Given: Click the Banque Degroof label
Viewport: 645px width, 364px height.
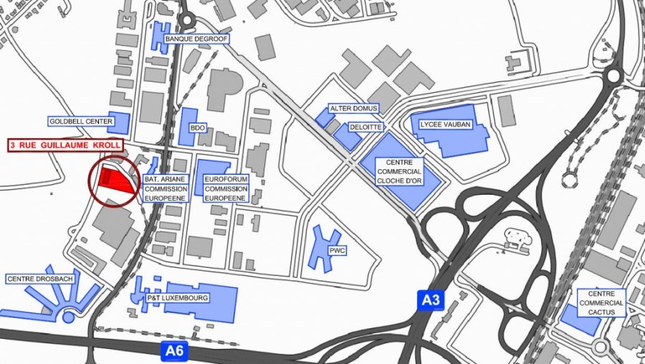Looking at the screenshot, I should pyautogui.click(x=196, y=39).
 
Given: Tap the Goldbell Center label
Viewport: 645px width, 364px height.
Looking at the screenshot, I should pyautogui.click(x=81, y=122).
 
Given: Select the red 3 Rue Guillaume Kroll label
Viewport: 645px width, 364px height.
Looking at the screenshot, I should pyautogui.click(x=65, y=145).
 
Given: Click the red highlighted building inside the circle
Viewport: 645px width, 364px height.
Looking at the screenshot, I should pyautogui.click(x=118, y=180).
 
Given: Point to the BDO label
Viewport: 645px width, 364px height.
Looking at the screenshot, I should pyautogui.click(x=198, y=128).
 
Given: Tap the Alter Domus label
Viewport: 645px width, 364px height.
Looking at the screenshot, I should pyautogui.click(x=353, y=108).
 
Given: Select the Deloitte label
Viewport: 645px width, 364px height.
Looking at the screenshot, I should pyautogui.click(x=365, y=127).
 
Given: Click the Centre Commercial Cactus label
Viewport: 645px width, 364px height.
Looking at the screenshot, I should pyautogui.click(x=601, y=303).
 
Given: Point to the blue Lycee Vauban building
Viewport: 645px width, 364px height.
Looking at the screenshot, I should pyautogui.click(x=459, y=140).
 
